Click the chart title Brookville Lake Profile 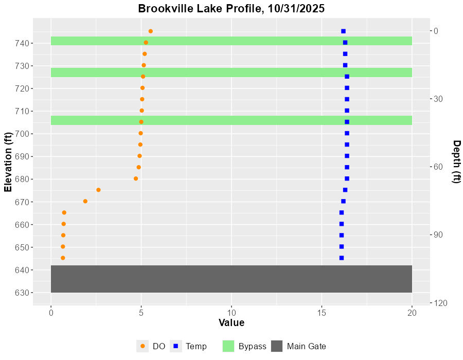(231, 9)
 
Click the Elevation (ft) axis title (8, 161)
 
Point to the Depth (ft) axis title (455, 161)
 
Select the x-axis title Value (231, 323)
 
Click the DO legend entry (158, 347)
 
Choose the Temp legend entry (196, 347)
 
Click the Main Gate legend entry (306, 347)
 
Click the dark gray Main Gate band (231, 279)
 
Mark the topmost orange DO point (150, 31)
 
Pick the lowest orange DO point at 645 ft (63, 258)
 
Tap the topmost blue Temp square (343, 31)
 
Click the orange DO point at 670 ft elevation (85, 201)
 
